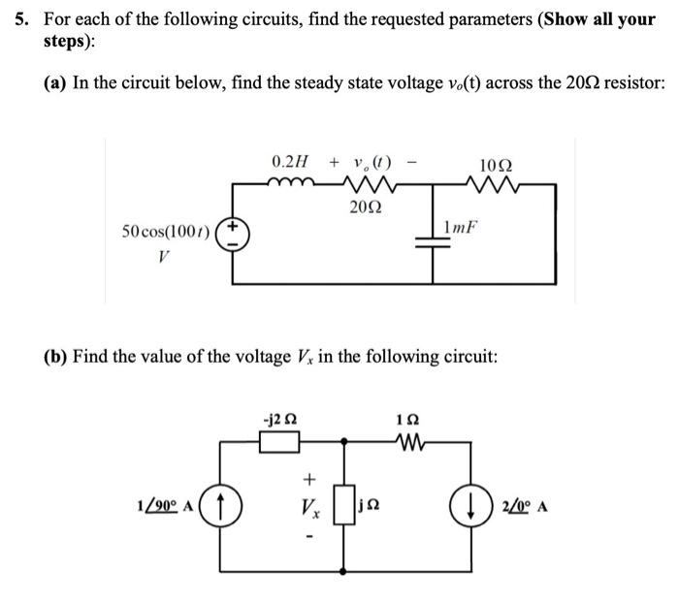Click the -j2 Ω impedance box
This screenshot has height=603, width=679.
click(x=278, y=442)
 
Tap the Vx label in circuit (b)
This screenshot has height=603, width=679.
click(x=310, y=507)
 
